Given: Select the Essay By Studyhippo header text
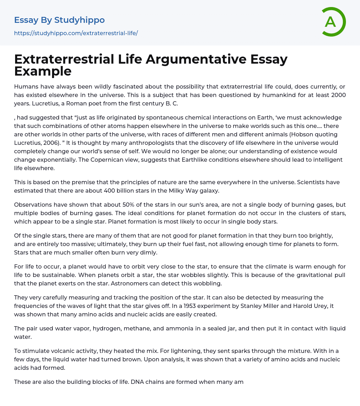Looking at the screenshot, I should (x=59, y=20).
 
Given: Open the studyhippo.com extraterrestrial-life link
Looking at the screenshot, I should (x=76, y=33).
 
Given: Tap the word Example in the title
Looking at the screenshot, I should (x=43, y=71).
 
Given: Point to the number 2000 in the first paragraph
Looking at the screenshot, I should (x=338, y=95).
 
